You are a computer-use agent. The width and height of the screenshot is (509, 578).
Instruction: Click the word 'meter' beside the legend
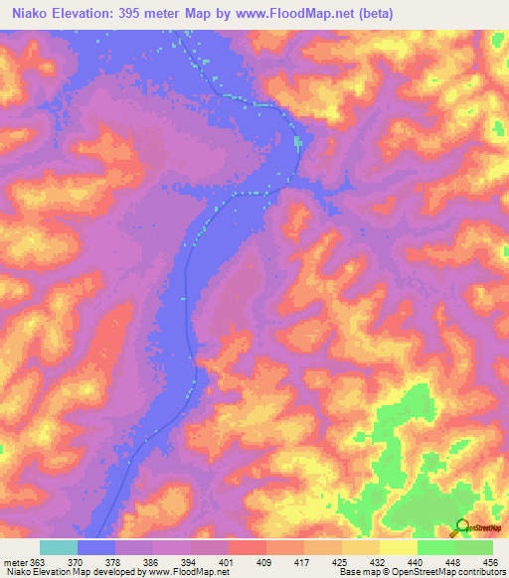click(13, 560)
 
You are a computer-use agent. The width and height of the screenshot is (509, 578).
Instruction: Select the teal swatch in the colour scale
click(59, 547)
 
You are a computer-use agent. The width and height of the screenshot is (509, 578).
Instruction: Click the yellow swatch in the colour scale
click(398, 547)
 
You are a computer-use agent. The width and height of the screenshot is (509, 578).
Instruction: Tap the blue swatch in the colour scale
click(96, 547)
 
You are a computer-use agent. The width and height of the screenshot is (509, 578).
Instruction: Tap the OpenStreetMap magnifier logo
click(460, 527)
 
